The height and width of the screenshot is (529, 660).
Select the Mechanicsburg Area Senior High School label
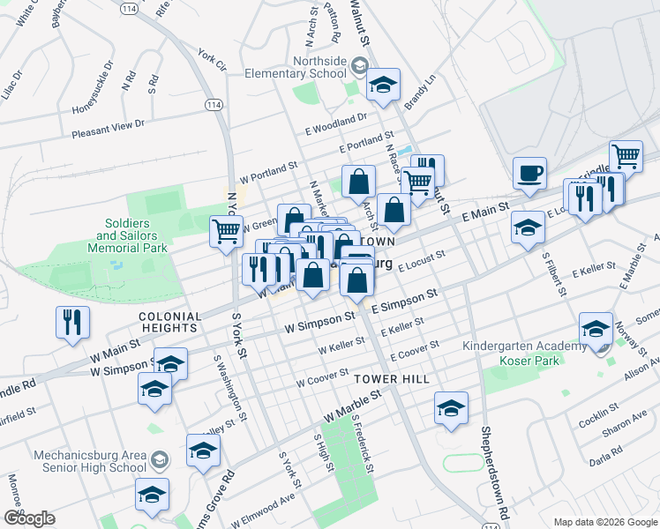(x=88, y=462)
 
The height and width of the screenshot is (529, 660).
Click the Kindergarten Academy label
(x=524, y=346)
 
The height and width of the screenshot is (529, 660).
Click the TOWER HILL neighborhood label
(x=391, y=379)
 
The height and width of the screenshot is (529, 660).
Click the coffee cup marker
(x=529, y=174)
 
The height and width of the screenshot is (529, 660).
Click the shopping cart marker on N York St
(x=226, y=231)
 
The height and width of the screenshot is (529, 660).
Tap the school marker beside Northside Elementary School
(x=383, y=85)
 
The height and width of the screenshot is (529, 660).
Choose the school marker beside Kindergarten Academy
(x=596, y=330)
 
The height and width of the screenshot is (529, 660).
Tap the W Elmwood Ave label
(x=262, y=512)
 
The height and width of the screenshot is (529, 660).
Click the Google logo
(x=29, y=518)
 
